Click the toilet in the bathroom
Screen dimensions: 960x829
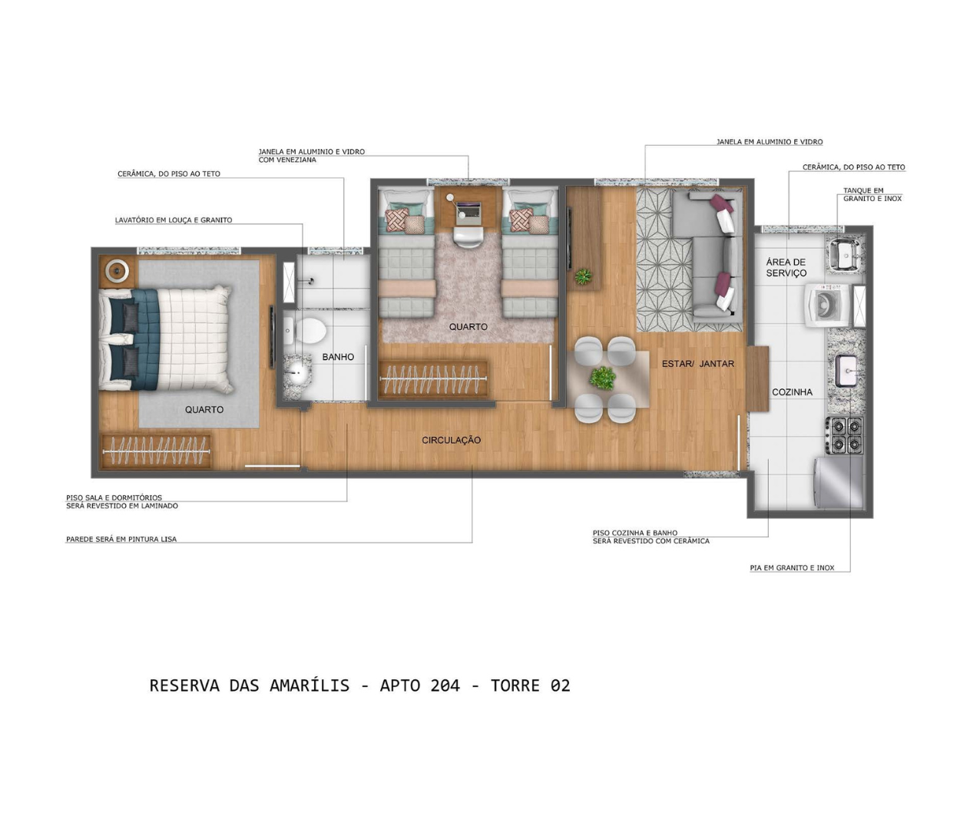[x=306, y=331]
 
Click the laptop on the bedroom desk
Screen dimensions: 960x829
[x=468, y=210]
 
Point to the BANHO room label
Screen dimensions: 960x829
[x=338, y=357]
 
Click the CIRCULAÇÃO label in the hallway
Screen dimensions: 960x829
[x=451, y=440]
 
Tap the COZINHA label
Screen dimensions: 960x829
[x=792, y=392]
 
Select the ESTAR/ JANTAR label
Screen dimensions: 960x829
[x=697, y=364]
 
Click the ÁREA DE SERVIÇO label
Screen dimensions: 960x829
[x=786, y=267]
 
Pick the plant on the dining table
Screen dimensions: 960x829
[x=602, y=378]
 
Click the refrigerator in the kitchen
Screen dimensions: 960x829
[x=839, y=483]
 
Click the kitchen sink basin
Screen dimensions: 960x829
[x=846, y=371]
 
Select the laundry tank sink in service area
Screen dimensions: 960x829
[x=846, y=253]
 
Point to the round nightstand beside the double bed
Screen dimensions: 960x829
[x=117, y=270]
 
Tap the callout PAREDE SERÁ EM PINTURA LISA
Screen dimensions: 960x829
[x=121, y=540]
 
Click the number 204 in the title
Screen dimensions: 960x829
[x=445, y=685]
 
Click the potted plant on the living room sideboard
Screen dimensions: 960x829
[x=584, y=276]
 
